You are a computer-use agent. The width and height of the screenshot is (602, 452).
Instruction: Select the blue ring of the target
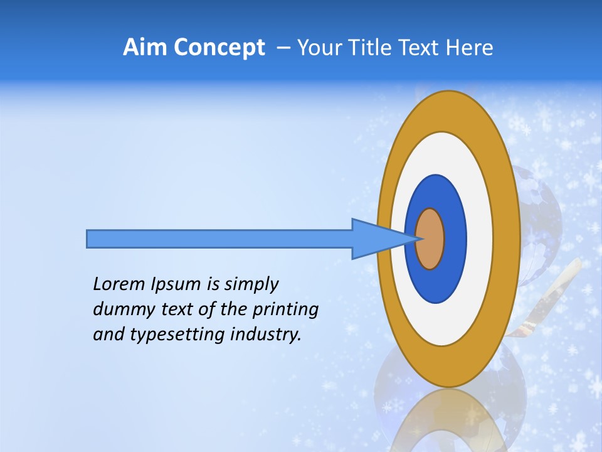pos(455,239)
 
